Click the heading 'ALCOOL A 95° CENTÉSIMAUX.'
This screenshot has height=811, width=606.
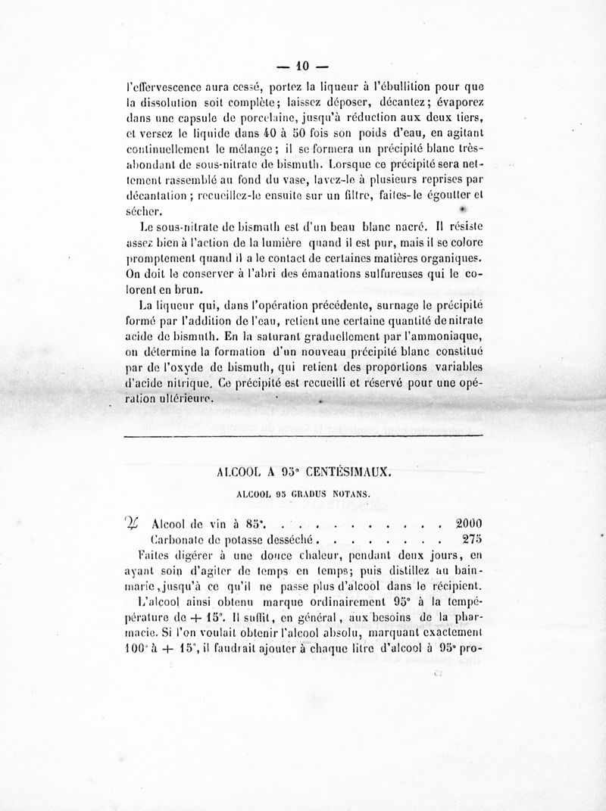pos(303,471)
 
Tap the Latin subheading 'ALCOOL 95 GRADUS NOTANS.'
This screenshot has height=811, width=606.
pos(302,494)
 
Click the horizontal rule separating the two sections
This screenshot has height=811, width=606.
pos(303,437)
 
